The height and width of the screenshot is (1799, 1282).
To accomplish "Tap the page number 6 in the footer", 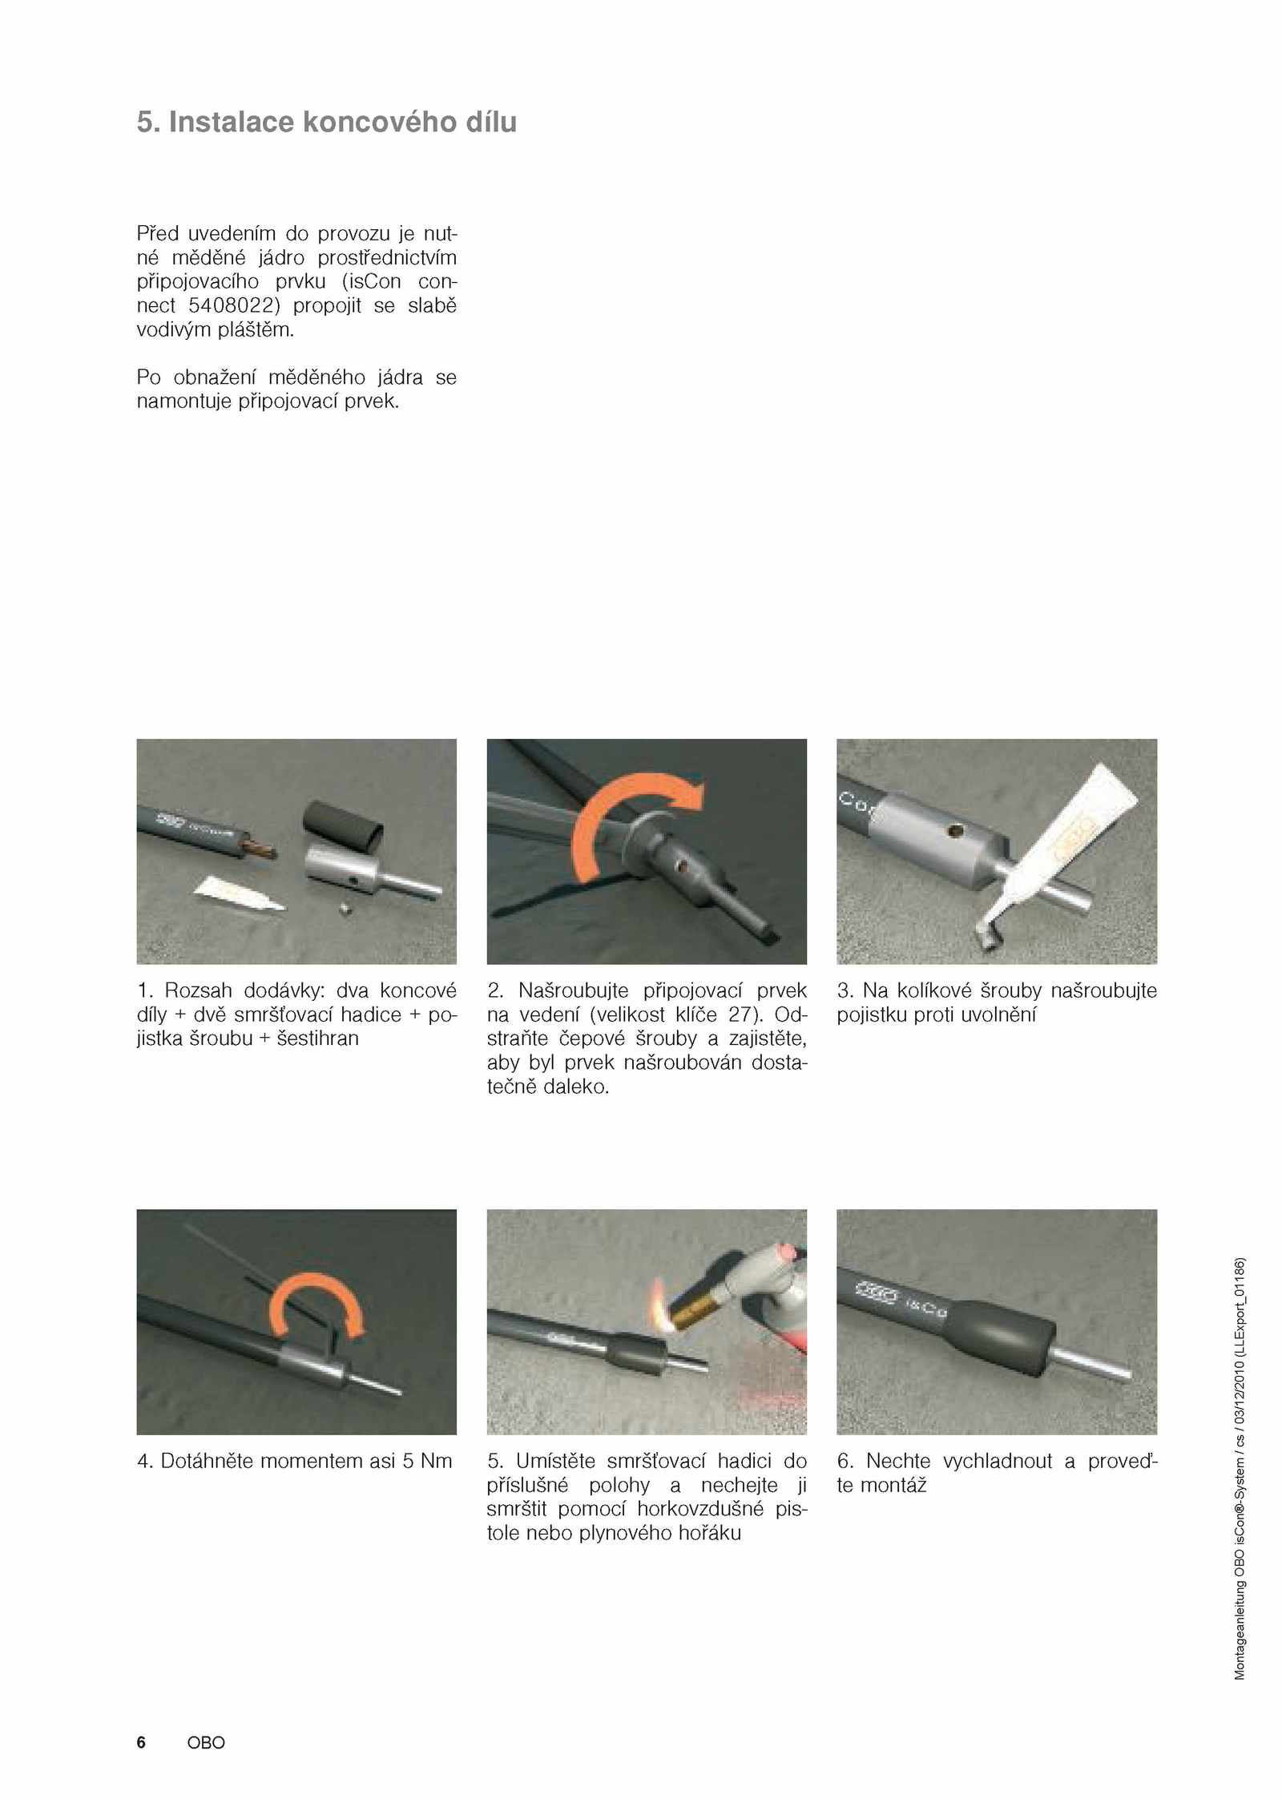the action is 141,1742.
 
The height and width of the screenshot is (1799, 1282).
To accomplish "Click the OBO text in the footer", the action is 206,1742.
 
